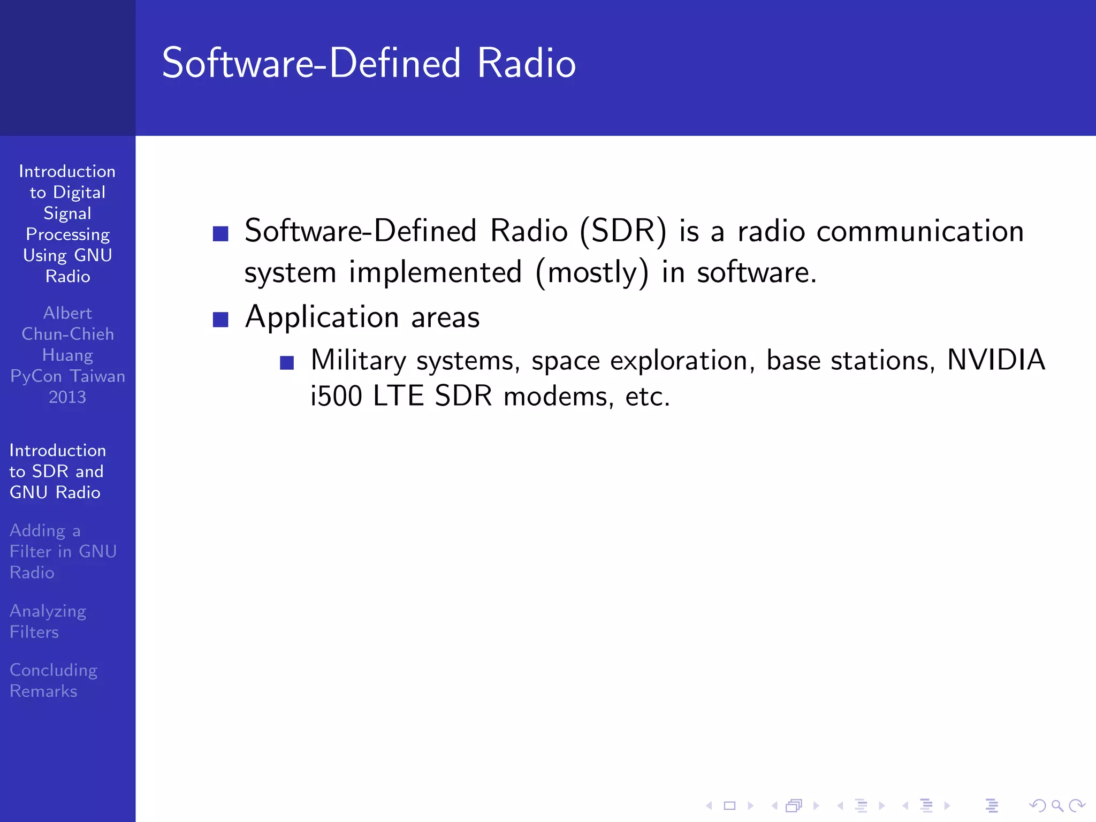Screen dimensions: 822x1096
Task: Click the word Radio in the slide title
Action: [526, 63]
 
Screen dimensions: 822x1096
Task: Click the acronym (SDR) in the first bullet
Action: [623, 231]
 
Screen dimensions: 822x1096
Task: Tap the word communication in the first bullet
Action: [920, 231]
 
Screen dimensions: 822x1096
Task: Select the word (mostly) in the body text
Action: [592, 273]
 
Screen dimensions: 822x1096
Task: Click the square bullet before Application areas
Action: [220, 319]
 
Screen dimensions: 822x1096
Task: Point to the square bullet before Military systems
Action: [287, 363]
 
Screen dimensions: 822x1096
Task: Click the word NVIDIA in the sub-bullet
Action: [996, 360]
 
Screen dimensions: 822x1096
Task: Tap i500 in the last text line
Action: [336, 397]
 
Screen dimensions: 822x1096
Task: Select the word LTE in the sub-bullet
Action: [398, 397]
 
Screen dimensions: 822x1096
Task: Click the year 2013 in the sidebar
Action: [67, 397]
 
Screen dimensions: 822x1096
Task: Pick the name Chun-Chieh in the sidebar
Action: [67, 334]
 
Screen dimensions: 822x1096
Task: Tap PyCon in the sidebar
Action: [36, 376]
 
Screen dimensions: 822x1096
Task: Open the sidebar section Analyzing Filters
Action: [48, 621]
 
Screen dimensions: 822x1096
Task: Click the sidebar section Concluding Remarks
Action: [53, 680]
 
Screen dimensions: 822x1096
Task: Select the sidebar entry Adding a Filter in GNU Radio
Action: [63, 551]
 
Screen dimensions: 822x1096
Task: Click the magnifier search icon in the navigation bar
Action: [1057, 805]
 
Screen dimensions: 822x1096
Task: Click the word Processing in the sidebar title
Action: [67, 234]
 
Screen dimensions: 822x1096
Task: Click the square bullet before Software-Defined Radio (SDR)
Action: [220, 234]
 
